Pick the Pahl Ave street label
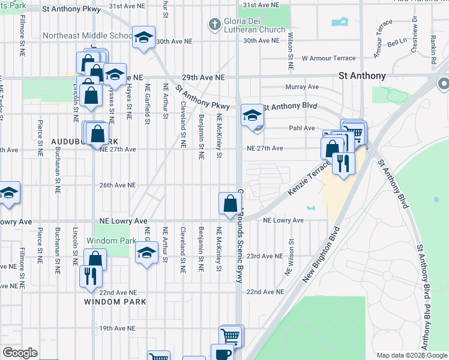pos(302,128)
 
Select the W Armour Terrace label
pos(328,58)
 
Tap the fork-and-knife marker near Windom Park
pos(90,276)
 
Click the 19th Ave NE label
pos(118,328)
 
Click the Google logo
pos(20,353)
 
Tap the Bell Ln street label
pos(397,43)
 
